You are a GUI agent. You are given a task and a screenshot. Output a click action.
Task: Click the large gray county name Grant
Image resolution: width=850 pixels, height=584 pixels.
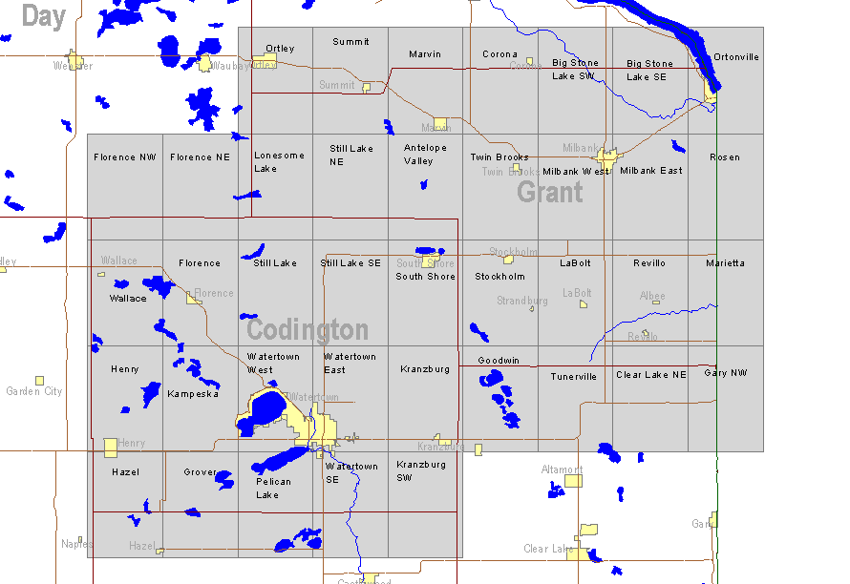tap(549, 192)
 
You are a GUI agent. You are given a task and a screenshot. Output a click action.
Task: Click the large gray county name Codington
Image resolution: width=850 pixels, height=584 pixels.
tap(307, 330)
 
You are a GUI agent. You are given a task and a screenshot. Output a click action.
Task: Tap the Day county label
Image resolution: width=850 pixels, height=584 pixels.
tap(43, 15)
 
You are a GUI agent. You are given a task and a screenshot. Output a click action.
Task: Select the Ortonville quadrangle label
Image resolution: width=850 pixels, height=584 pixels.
tap(735, 57)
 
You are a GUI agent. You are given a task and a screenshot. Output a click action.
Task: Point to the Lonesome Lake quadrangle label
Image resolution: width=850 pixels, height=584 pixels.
tap(279, 161)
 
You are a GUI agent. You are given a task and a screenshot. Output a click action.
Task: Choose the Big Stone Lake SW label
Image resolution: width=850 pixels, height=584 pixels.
tap(575, 70)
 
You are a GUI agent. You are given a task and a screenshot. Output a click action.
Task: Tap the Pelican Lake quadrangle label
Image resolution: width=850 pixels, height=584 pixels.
tap(273, 488)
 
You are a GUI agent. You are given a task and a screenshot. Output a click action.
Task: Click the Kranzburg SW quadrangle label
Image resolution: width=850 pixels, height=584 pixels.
tap(421, 470)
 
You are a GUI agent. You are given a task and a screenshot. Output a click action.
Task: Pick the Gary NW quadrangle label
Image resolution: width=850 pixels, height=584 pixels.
tap(726, 373)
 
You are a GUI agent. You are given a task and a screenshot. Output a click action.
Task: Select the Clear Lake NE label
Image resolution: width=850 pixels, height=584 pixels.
tap(650, 375)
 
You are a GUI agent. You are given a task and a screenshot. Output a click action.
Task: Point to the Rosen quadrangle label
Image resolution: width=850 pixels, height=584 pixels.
tap(725, 157)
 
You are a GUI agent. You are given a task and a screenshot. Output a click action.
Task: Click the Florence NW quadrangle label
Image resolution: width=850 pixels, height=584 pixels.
tap(124, 157)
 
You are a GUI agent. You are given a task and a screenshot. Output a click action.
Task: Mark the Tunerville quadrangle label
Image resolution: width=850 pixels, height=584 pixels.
tap(573, 377)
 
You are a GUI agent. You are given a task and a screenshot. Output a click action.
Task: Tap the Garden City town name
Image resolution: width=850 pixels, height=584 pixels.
tap(33, 391)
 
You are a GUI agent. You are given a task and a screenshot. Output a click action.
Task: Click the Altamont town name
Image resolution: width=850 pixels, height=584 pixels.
tap(561, 469)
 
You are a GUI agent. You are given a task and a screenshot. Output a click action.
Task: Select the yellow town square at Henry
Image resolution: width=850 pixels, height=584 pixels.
tap(111, 447)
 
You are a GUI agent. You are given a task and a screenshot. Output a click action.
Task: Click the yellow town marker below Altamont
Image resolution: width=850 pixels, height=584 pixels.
tap(573, 481)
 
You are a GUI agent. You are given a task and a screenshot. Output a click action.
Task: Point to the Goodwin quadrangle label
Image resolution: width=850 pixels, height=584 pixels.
tap(499, 361)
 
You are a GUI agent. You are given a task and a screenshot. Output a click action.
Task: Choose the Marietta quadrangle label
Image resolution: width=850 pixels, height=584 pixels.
tap(725, 263)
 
